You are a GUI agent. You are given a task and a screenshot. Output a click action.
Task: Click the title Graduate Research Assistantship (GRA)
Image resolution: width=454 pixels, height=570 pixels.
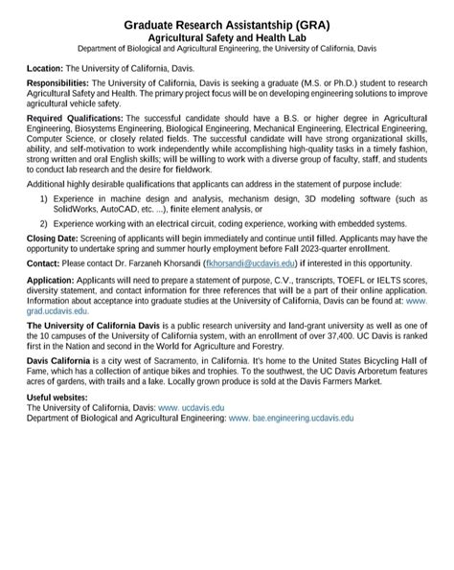pyautogui.click(x=226, y=22)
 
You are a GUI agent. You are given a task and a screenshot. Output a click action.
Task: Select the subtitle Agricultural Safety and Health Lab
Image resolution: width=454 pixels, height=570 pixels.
pyautogui.click(x=226, y=35)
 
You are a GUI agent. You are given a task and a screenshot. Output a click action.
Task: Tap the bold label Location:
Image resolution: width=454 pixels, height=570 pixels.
pyautogui.click(x=45, y=69)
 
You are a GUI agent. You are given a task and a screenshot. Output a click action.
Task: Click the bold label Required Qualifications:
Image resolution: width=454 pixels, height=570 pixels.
pyautogui.click(x=75, y=117)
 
